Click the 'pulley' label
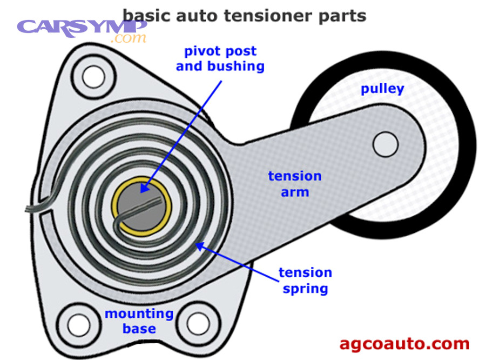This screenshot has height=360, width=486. (x=382, y=89)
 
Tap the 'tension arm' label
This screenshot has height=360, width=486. (x=295, y=184)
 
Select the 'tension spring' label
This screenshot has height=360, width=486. (x=305, y=281)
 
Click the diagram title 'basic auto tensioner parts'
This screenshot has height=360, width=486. (x=244, y=15)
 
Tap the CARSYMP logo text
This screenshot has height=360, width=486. (x=82, y=26)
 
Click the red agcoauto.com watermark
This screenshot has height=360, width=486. (x=404, y=343)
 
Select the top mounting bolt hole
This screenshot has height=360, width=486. (x=93, y=75)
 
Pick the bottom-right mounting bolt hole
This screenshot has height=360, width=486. (x=198, y=323)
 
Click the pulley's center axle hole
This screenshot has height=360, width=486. (x=386, y=143)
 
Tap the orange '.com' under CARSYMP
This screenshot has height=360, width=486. (x=128, y=38)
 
